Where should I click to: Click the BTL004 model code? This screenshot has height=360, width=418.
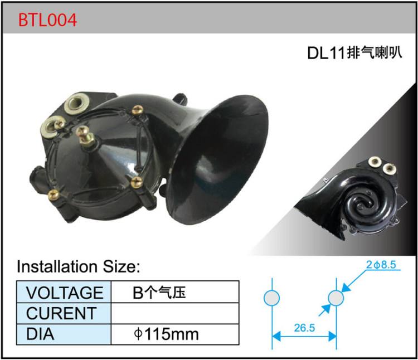coord(47,20)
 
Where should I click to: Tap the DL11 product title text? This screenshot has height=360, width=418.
coord(354,53)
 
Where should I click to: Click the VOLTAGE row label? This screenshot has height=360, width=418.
coord(65,293)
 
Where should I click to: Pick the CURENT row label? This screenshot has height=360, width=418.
coord(61,313)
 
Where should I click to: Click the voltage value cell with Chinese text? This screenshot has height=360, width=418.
coord(159,293)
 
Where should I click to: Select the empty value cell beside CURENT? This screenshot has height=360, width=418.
coord(176,313)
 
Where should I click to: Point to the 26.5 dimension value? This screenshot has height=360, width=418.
coord(304,328)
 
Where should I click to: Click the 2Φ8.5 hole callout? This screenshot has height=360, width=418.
coord(381,265)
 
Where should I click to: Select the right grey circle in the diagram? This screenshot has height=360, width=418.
coord(336,298)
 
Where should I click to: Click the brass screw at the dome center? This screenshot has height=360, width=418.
coord(85,134)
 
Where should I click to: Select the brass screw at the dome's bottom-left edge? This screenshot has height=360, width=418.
coord(54,194)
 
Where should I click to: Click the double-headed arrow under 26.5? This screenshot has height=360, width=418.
coord(304,337)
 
